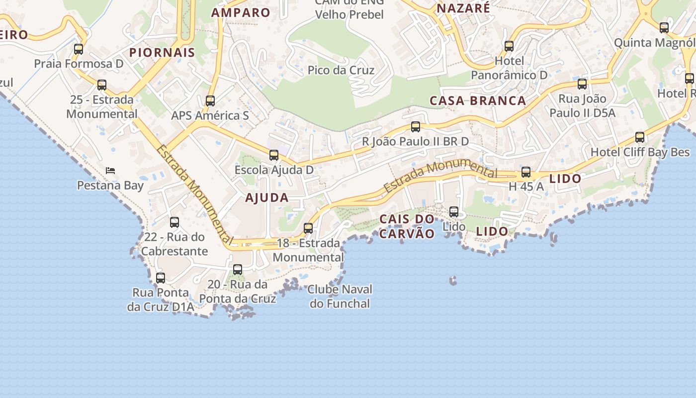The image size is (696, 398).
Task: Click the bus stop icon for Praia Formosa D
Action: pyautogui.click(x=79, y=49)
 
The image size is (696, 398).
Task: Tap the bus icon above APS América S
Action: pyautogui.click(x=210, y=101)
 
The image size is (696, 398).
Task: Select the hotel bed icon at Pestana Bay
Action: pyautogui.click(x=110, y=171)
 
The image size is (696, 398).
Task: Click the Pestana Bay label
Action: pyautogui.click(x=110, y=186)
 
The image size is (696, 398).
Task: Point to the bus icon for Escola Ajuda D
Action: pyautogui.click(x=274, y=155)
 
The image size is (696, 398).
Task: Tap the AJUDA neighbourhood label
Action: pyautogui.click(x=267, y=198)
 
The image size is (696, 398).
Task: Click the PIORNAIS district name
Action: pyautogui.click(x=162, y=53)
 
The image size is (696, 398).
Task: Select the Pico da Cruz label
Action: pyautogui.click(x=341, y=70)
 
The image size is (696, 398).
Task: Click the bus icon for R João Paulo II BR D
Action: pyautogui.click(x=416, y=127)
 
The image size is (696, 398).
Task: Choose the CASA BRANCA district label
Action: pyautogui.click(x=478, y=100)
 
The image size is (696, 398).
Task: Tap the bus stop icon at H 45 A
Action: pyautogui.click(x=526, y=173)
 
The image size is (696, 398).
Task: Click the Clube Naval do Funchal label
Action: pyautogui.click(x=340, y=296)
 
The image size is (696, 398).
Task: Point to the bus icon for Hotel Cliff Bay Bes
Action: pyautogui.click(x=640, y=137)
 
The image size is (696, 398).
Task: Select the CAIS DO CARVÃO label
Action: pyautogui.click(x=407, y=226)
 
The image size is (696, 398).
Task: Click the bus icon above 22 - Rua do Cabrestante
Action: pyautogui.click(x=174, y=222)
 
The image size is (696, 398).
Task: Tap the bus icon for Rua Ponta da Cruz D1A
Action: pyautogui.click(x=161, y=278)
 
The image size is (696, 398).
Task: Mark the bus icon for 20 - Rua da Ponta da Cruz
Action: pyautogui.click(x=238, y=270)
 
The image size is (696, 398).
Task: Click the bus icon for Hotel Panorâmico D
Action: pyautogui.click(x=509, y=46)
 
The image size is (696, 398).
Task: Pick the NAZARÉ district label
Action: pyautogui.click(x=463, y=8)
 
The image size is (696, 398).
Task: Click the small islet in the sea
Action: pyautogui.click(x=453, y=281)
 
